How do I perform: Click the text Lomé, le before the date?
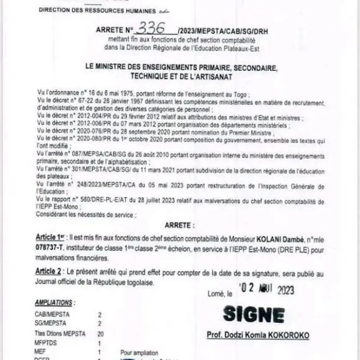[219, 293]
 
